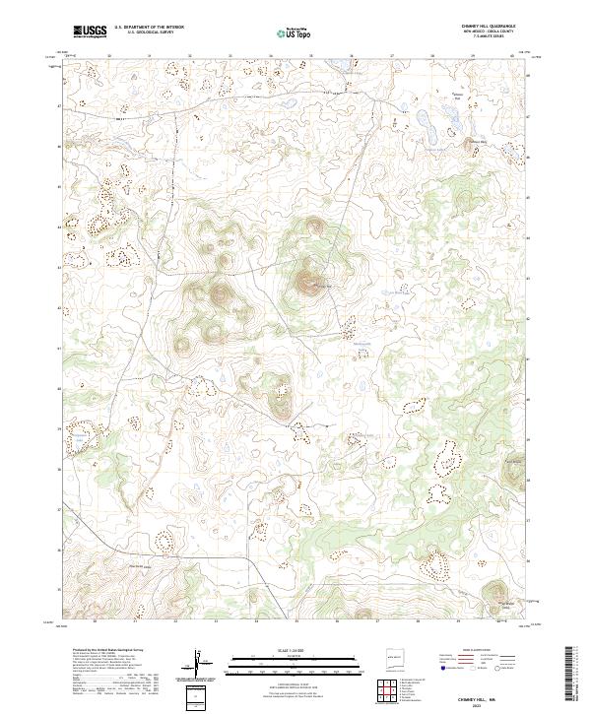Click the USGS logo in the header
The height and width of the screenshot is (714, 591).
tap(91, 32)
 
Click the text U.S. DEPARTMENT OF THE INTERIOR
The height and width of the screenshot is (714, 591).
tap(149, 28)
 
